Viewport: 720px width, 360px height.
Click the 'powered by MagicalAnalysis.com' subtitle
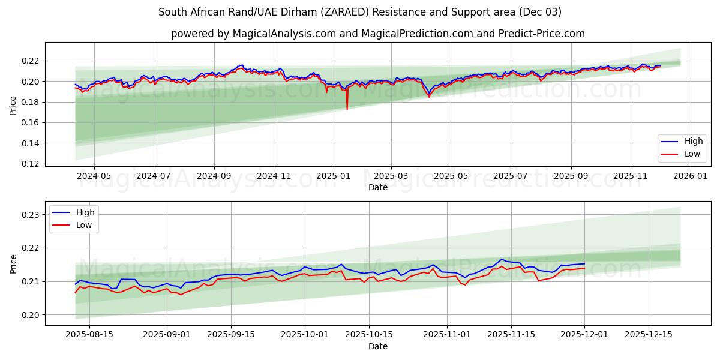[x=377, y=34]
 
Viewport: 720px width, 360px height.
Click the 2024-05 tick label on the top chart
[x=94, y=176]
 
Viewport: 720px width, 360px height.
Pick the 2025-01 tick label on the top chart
[x=332, y=176]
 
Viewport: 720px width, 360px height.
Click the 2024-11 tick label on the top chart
[x=274, y=176]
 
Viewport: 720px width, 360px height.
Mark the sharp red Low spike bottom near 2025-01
[x=347, y=109]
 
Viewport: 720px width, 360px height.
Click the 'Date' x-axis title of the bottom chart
[x=377, y=346]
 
